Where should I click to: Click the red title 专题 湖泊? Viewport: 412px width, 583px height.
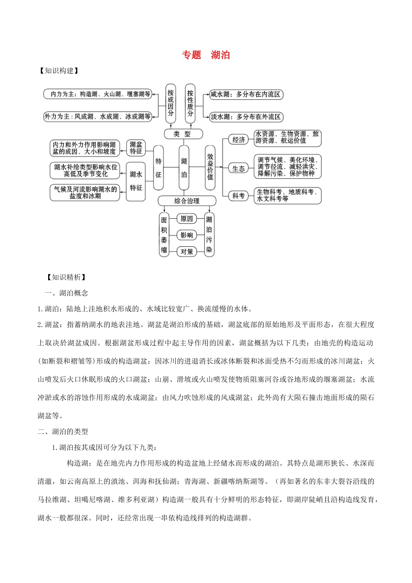[x=206, y=55]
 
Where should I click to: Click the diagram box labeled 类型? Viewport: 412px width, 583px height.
[x=183, y=134]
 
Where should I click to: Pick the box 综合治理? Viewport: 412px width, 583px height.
[x=187, y=201]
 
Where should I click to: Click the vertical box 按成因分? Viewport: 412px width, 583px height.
[x=170, y=103]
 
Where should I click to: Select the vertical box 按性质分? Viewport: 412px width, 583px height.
[x=190, y=103]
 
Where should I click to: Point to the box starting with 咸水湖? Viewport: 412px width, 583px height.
[x=246, y=94]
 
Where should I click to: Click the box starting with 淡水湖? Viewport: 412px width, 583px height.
[x=246, y=117]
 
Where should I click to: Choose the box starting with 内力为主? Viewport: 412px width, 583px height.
[x=98, y=94]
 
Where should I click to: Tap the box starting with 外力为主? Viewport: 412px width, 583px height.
[x=98, y=116]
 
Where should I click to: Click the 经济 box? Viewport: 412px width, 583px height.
[x=239, y=140]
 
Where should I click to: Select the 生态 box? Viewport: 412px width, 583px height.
[x=239, y=168]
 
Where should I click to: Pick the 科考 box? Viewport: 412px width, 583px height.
[x=239, y=196]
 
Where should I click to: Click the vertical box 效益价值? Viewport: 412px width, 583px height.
[x=210, y=167]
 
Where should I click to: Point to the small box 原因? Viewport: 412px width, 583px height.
[x=186, y=219]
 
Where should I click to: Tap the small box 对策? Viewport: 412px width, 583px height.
[x=186, y=252]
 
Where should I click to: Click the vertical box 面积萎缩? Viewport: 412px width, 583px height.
[x=164, y=235]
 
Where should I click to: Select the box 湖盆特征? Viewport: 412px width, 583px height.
[x=136, y=148]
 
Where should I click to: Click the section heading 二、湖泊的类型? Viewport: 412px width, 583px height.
[x=63, y=432]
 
